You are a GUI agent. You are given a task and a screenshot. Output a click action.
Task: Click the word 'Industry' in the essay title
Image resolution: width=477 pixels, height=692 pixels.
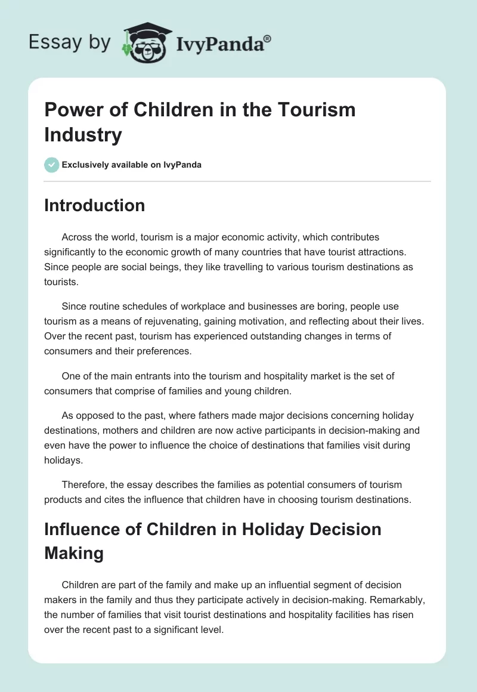(83, 134)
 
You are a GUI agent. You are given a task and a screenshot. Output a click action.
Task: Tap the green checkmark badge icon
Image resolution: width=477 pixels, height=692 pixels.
(51, 165)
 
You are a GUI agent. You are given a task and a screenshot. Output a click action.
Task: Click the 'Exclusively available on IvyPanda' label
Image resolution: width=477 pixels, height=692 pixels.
(131, 165)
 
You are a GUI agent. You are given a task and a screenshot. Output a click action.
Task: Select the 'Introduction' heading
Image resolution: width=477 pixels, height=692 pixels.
(95, 205)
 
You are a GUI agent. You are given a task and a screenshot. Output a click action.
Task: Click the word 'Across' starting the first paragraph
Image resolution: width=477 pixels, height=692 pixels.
(76, 237)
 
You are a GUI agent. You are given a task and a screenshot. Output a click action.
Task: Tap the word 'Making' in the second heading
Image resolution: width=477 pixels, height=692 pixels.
(74, 553)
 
